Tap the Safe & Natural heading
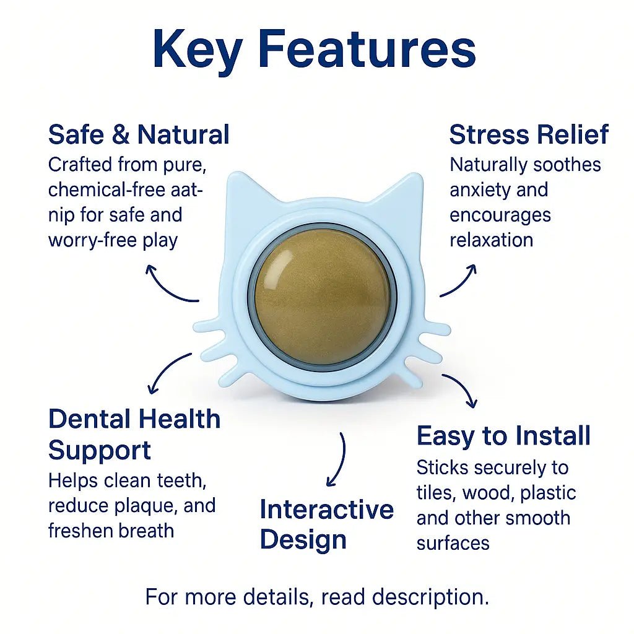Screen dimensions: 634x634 (139, 134)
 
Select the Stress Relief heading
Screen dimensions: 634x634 (529, 134)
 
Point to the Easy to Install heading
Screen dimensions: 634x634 (503, 435)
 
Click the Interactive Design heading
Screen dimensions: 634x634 (327, 524)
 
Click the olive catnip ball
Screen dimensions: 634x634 (322, 297)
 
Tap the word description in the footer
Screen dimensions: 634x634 (430, 597)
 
